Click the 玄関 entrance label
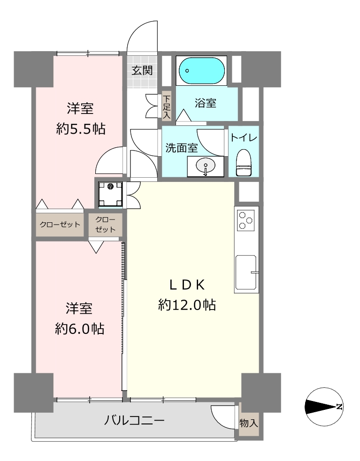(x=142, y=70)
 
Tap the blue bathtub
(x=202, y=71)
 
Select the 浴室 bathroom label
(x=206, y=103)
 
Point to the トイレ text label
(x=244, y=137)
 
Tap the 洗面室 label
(x=181, y=148)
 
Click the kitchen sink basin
(x=245, y=272)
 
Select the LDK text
(x=187, y=285)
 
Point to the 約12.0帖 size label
(x=187, y=305)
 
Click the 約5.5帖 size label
(x=81, y=129)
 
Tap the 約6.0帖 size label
(x=79, y=329)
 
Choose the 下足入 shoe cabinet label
(x=167, y=106)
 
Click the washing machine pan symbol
(x=110, y=194)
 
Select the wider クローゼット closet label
(x=60, y=225)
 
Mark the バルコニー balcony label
(x=134, y=421)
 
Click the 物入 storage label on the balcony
(x=249, y=423)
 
